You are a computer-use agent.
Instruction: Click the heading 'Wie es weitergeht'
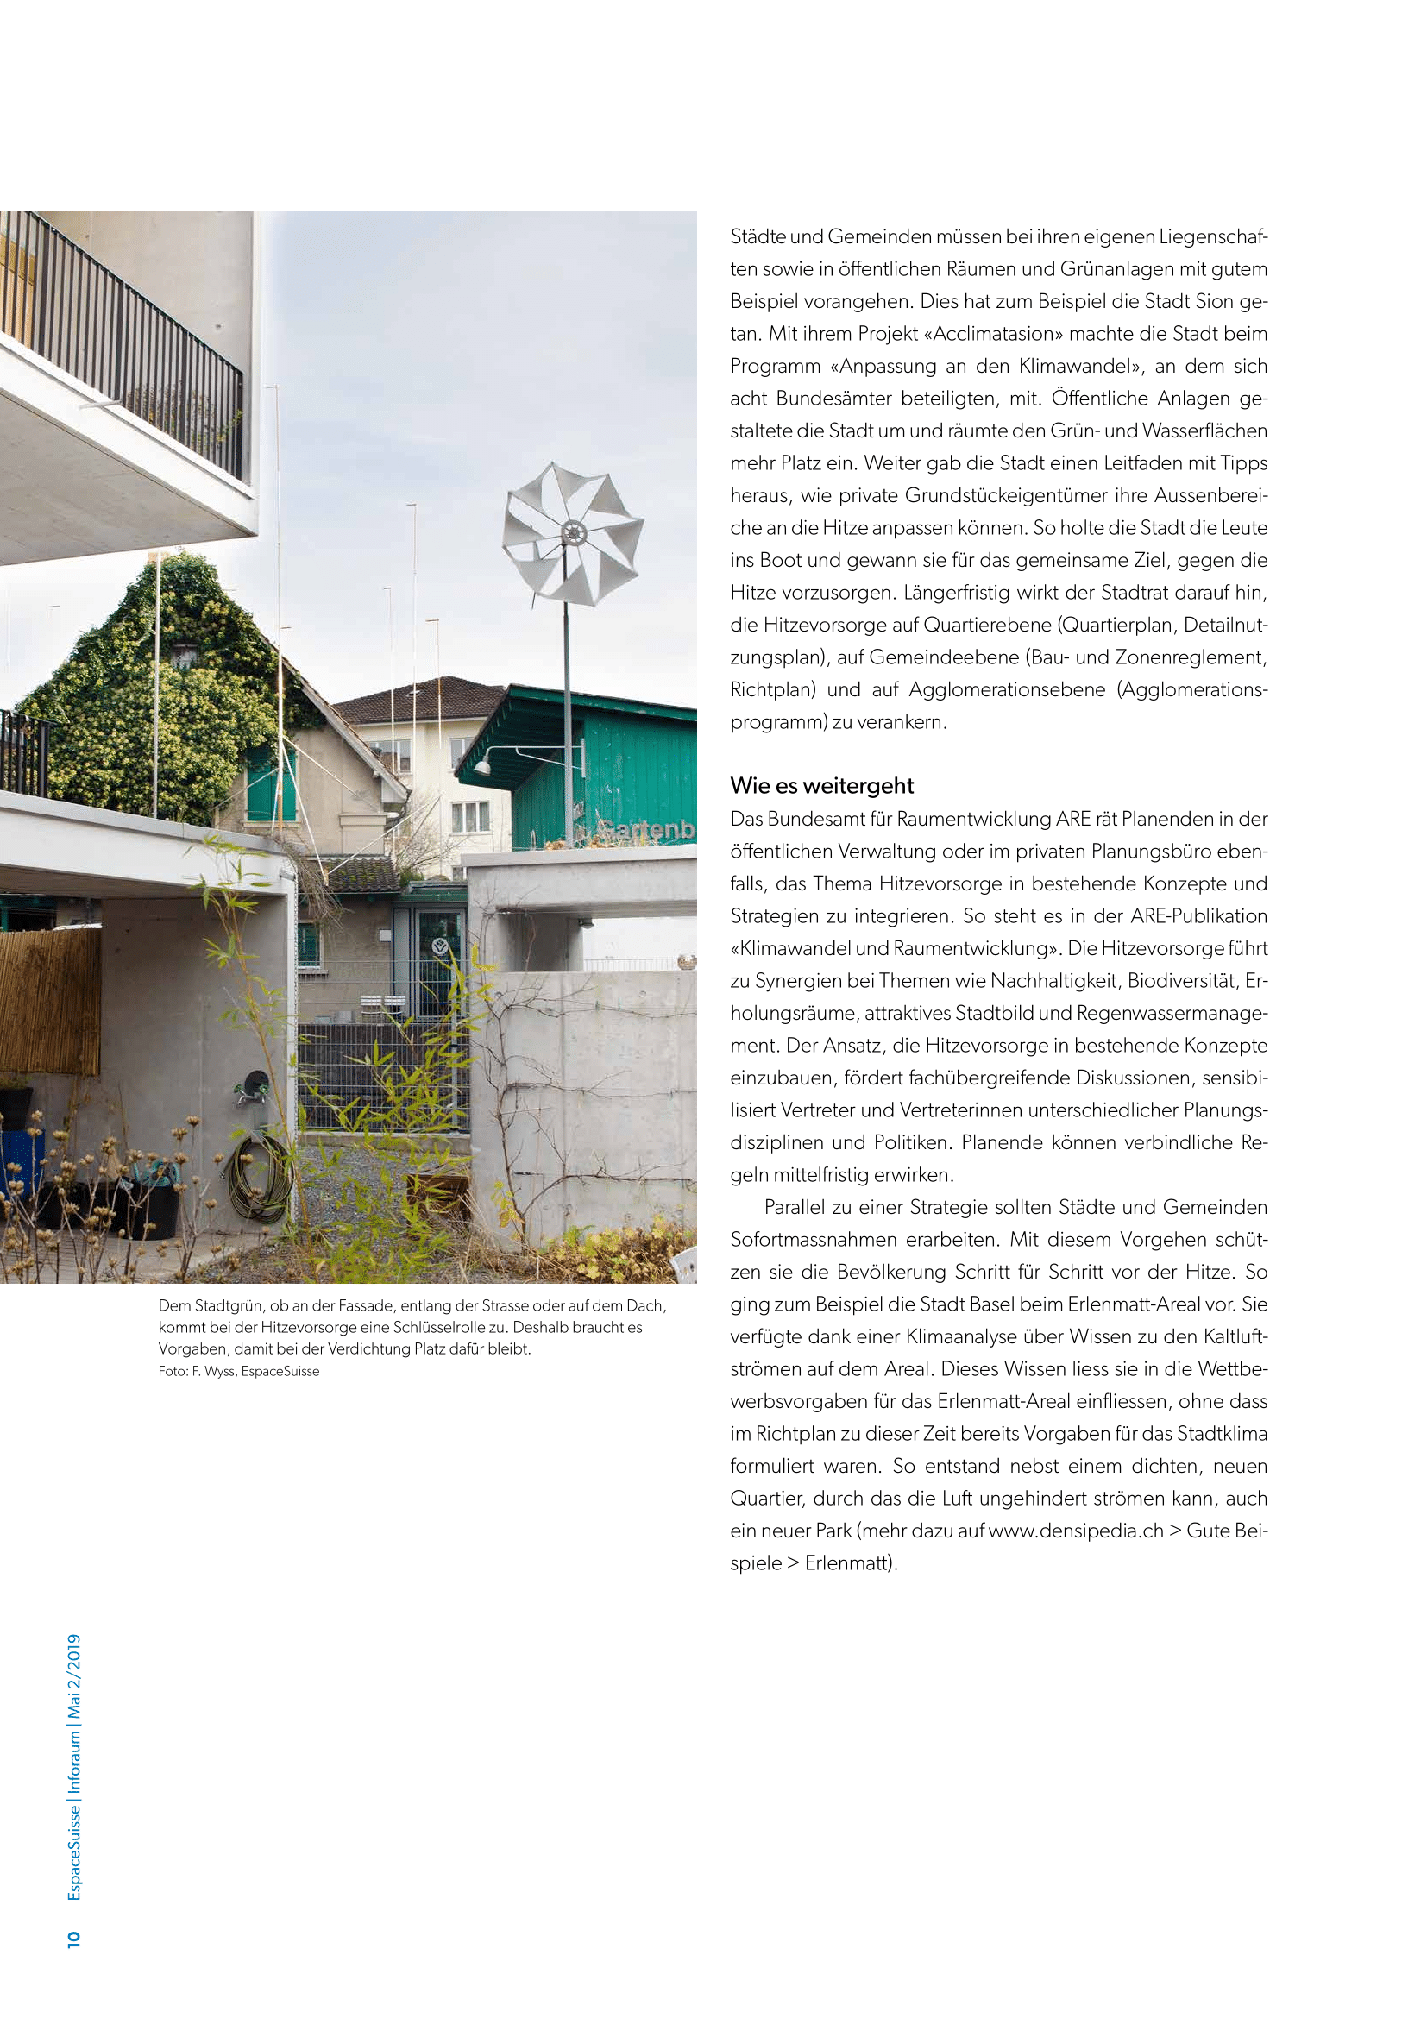(x=821, y=786)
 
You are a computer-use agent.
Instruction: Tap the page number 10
(x=74, y=1938)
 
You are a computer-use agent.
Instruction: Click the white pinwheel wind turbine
(x=573, y=533)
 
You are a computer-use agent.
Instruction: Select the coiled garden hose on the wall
(x=257, y=1176)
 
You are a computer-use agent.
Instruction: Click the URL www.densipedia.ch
(x=1076, y=1531)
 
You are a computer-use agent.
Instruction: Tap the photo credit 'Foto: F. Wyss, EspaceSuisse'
(x=239, y=1371)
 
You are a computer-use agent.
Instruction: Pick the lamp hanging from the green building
(x=481, y=766)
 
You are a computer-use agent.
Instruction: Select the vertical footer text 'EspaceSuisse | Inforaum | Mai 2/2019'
(x=75, y=1767)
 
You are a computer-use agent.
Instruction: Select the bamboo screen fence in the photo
(x=50, y=1001)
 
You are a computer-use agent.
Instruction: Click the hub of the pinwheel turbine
(x=573, y=531)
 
